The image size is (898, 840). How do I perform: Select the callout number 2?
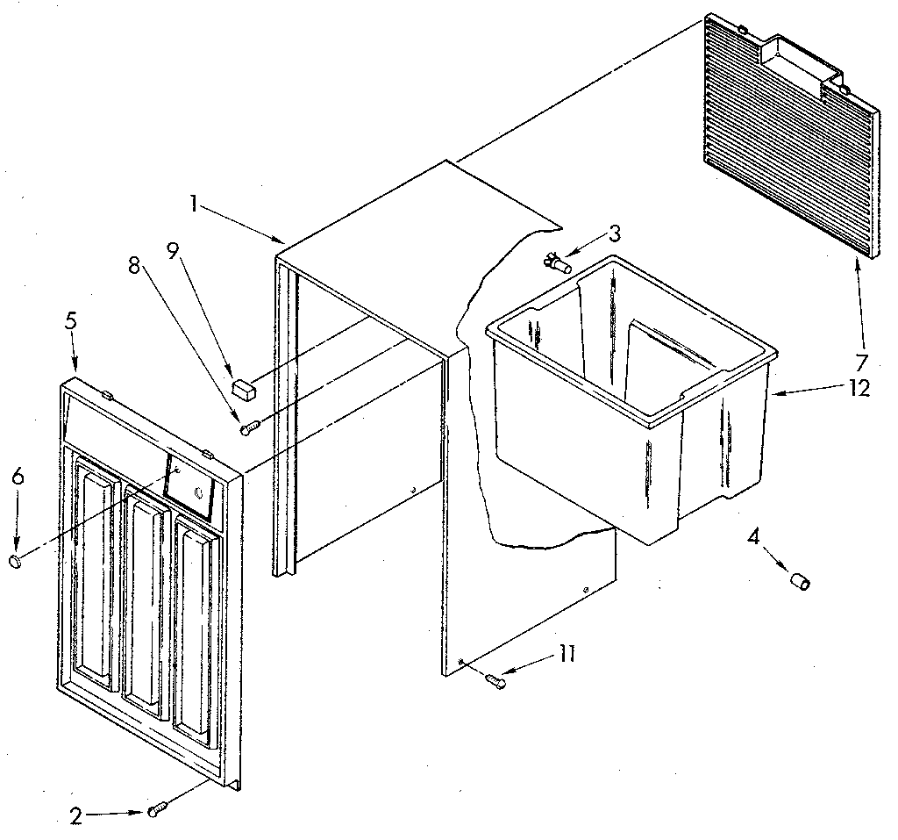click(x=77, y=815)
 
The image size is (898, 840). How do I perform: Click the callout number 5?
click(x=70, y=321)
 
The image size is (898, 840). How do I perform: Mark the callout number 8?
click(x=133, y=267)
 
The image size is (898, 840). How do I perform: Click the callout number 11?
click(x=567, y=654)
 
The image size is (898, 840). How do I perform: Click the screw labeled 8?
click(x=250, y=427)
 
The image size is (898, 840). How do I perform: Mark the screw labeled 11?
click(x=495, y=678)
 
